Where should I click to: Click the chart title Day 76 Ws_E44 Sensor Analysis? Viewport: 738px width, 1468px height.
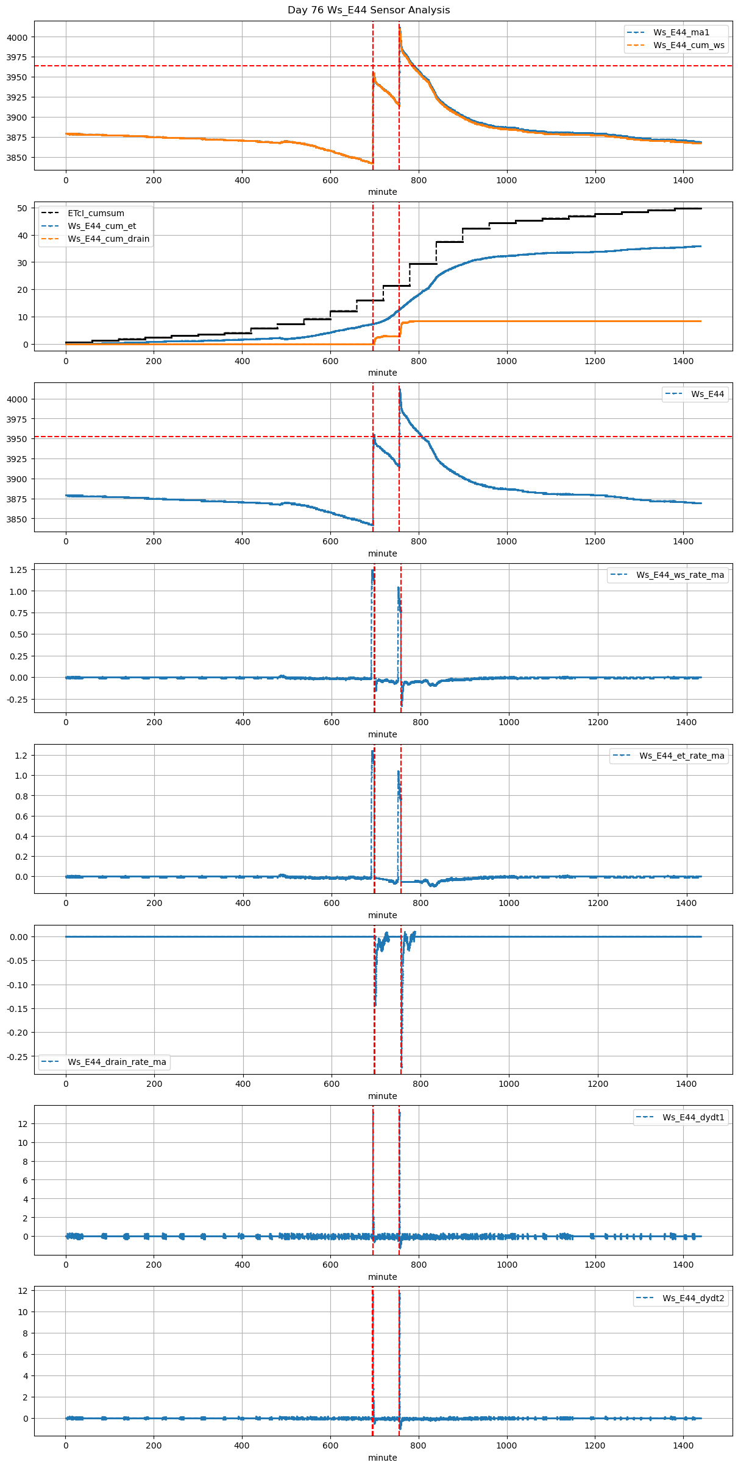[369, 10]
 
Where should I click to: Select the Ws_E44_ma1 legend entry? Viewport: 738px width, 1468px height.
[681, 32]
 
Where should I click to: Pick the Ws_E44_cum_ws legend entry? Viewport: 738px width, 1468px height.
[689, 45]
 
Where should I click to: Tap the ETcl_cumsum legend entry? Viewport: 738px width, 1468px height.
[96, 213]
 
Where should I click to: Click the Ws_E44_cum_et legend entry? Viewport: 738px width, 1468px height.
[102, 226]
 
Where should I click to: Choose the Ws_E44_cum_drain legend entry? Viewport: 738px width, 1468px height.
[108, 239]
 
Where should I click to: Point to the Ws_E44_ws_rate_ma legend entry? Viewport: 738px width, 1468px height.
[680, 575]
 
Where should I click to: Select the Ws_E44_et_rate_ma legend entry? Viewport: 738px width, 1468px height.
[681, 756]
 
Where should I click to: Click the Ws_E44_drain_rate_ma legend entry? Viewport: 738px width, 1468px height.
[116, 1062]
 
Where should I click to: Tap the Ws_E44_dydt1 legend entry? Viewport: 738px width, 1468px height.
[693, 1117]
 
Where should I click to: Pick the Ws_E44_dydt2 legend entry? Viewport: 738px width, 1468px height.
[693, 1298]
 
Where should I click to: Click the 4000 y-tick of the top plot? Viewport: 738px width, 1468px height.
[17, 37]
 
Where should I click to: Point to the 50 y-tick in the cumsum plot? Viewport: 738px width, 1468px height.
[23, 208]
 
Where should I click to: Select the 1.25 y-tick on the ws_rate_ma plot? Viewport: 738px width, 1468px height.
[18, 570]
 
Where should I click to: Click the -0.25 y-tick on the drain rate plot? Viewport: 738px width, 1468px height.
[17, 1056]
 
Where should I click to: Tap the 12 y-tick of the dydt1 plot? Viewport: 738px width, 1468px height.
[23, 1124]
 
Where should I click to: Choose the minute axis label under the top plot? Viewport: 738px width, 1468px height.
[382, 192]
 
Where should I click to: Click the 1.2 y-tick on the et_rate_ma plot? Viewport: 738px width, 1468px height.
[21, 756]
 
